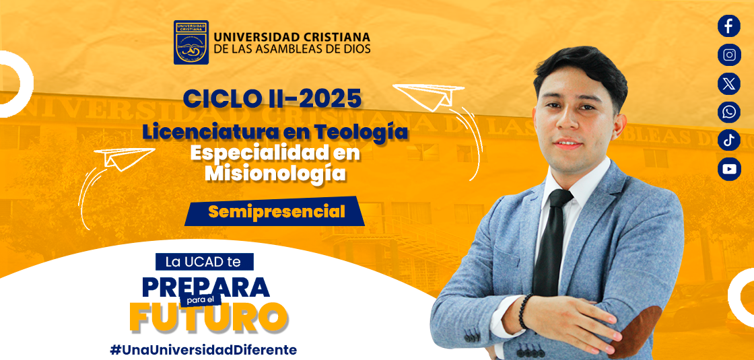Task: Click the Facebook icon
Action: tap(729, 26)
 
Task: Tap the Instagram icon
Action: tap(729, 55)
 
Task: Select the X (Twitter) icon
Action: tap(729, 83)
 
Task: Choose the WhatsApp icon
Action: tap(729, 112)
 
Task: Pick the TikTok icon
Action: tap(729, 141)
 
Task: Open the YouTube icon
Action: tap(729, 169)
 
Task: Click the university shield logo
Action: tap(191, 42)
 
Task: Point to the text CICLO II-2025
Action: tap(272, 99)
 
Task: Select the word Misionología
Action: tap(275, 173)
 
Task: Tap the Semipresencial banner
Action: tap(275, 211)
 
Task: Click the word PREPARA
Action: tap(206, 287)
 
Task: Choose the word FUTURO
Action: tap(209, 317)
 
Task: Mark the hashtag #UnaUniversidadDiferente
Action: tap(203, 349)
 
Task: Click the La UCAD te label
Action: tap(204, 262)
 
